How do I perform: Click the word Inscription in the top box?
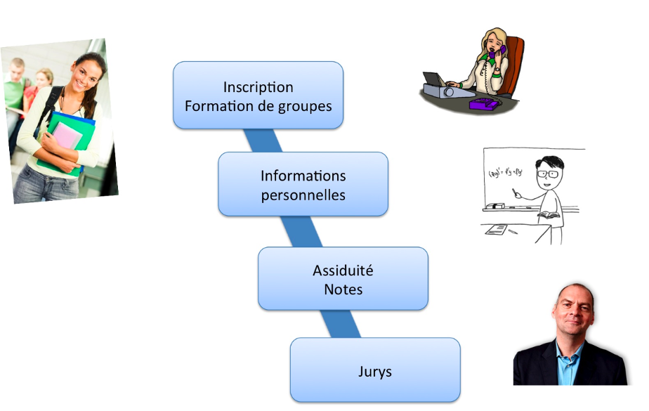pyautogui.click(x=258, y=87)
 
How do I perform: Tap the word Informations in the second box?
pyautogui.click(x=303, y=176)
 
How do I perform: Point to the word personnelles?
pyautogui.click(x=303, y=195)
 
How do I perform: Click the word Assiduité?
pyautogui.click(x=343, y=270)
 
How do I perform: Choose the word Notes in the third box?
pyautogui.click(x=343, y=289)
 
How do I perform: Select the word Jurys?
pyautogui.click(x=374, y=371)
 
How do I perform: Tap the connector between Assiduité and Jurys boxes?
pyautogui.click(x=344, y=324)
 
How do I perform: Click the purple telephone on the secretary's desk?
pyautogui.click(x=484, y=104)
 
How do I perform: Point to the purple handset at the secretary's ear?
pyautogui.click(x=500, y=51)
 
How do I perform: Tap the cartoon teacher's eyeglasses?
pyautogui.click(x=544, y=171)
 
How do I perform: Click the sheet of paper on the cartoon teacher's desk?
pyautogui.click(x=497, y=229)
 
